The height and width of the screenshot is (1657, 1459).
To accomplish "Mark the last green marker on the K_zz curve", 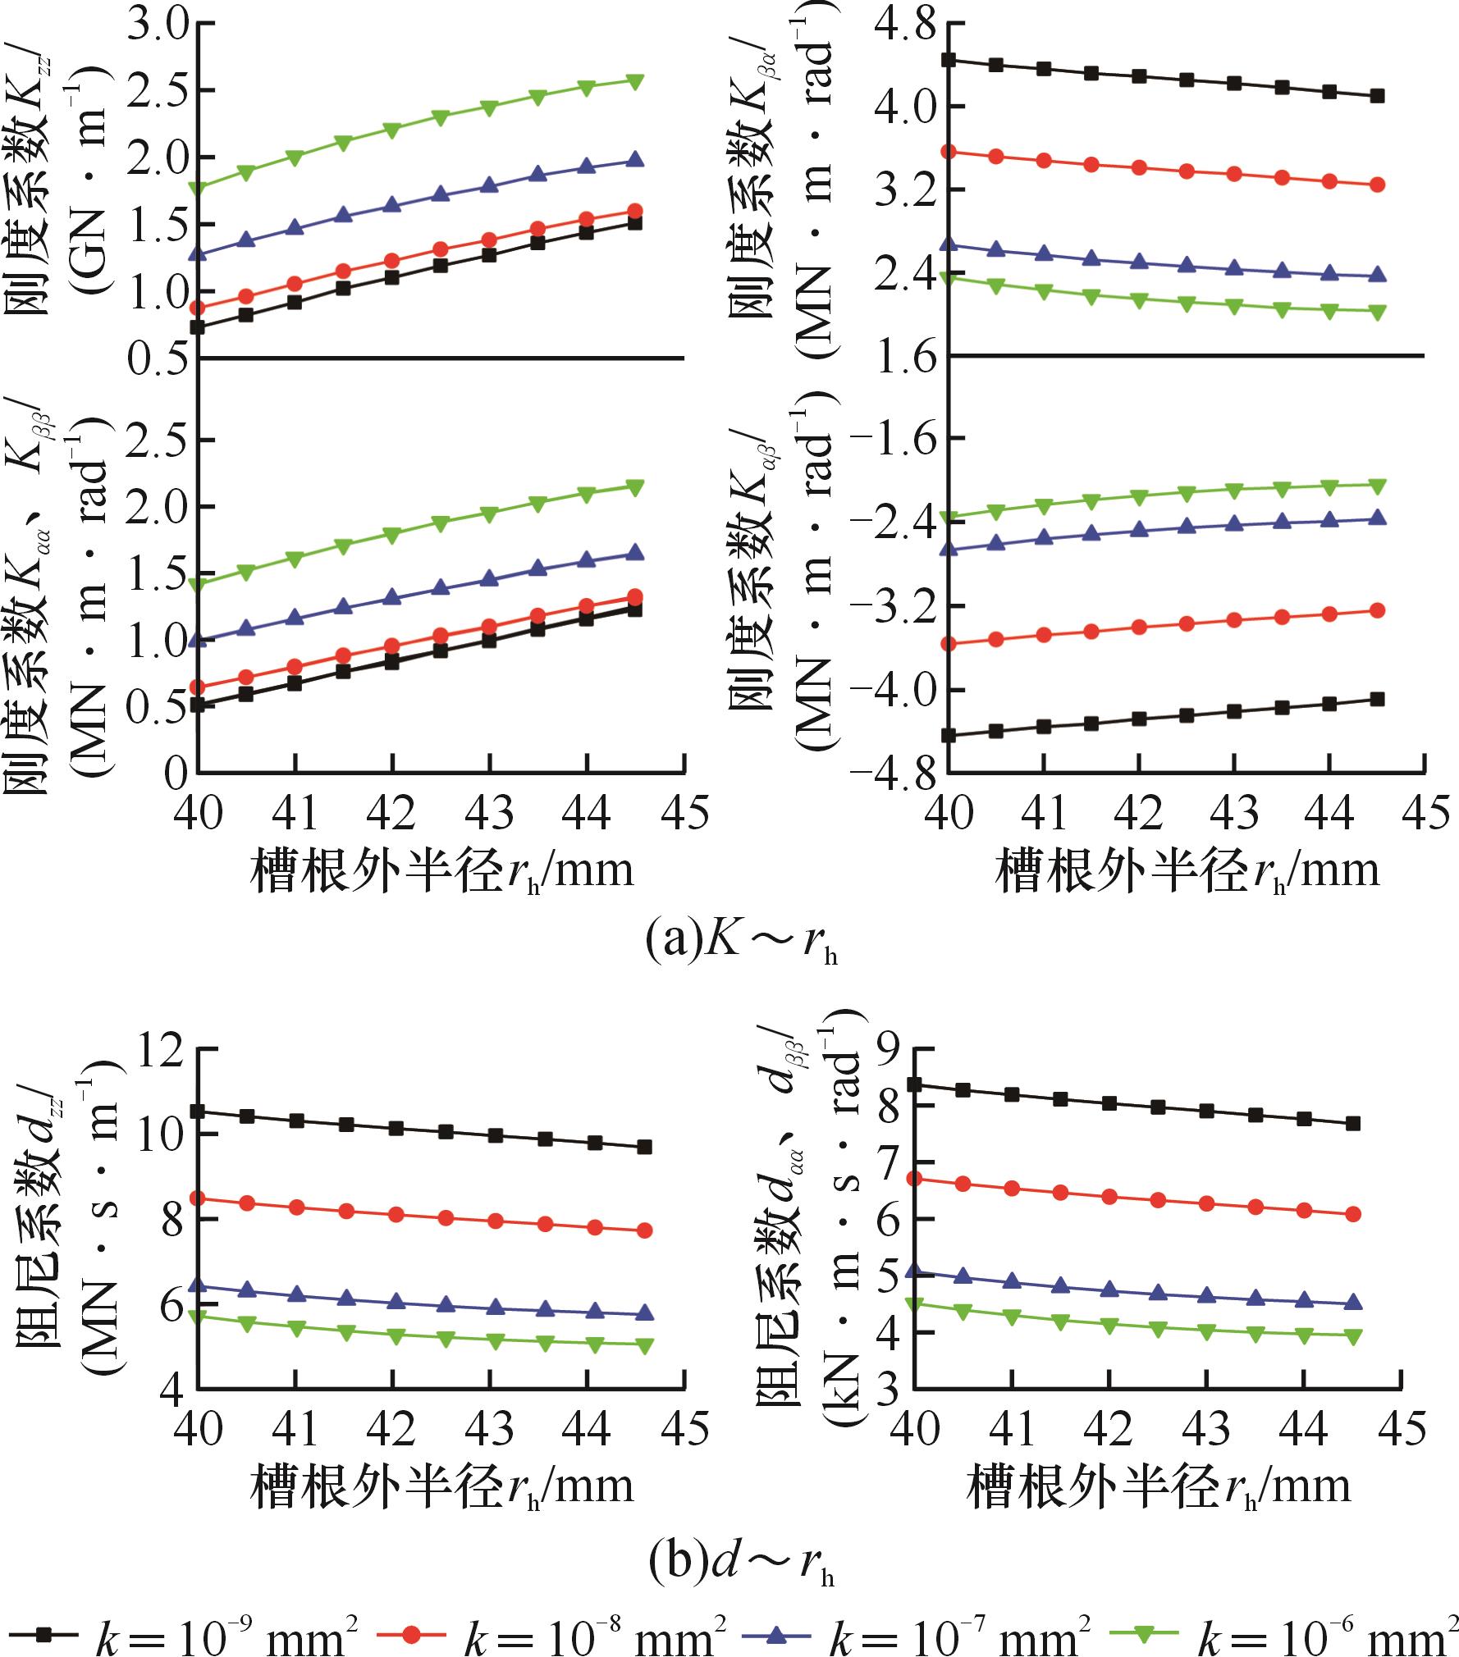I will (x=635, y=80).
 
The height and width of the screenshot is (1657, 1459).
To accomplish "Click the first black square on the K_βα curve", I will (x=948, y=60).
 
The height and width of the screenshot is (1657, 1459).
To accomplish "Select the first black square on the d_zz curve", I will (x=198, y=1112).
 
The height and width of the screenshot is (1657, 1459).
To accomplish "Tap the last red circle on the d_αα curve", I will (x=1353, y=1214).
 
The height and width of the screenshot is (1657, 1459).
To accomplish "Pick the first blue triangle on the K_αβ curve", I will (x=948, y=549).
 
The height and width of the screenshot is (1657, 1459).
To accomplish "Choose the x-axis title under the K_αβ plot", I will (x=1187, y=870).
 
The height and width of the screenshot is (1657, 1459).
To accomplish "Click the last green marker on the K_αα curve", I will (x=635, y=487).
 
